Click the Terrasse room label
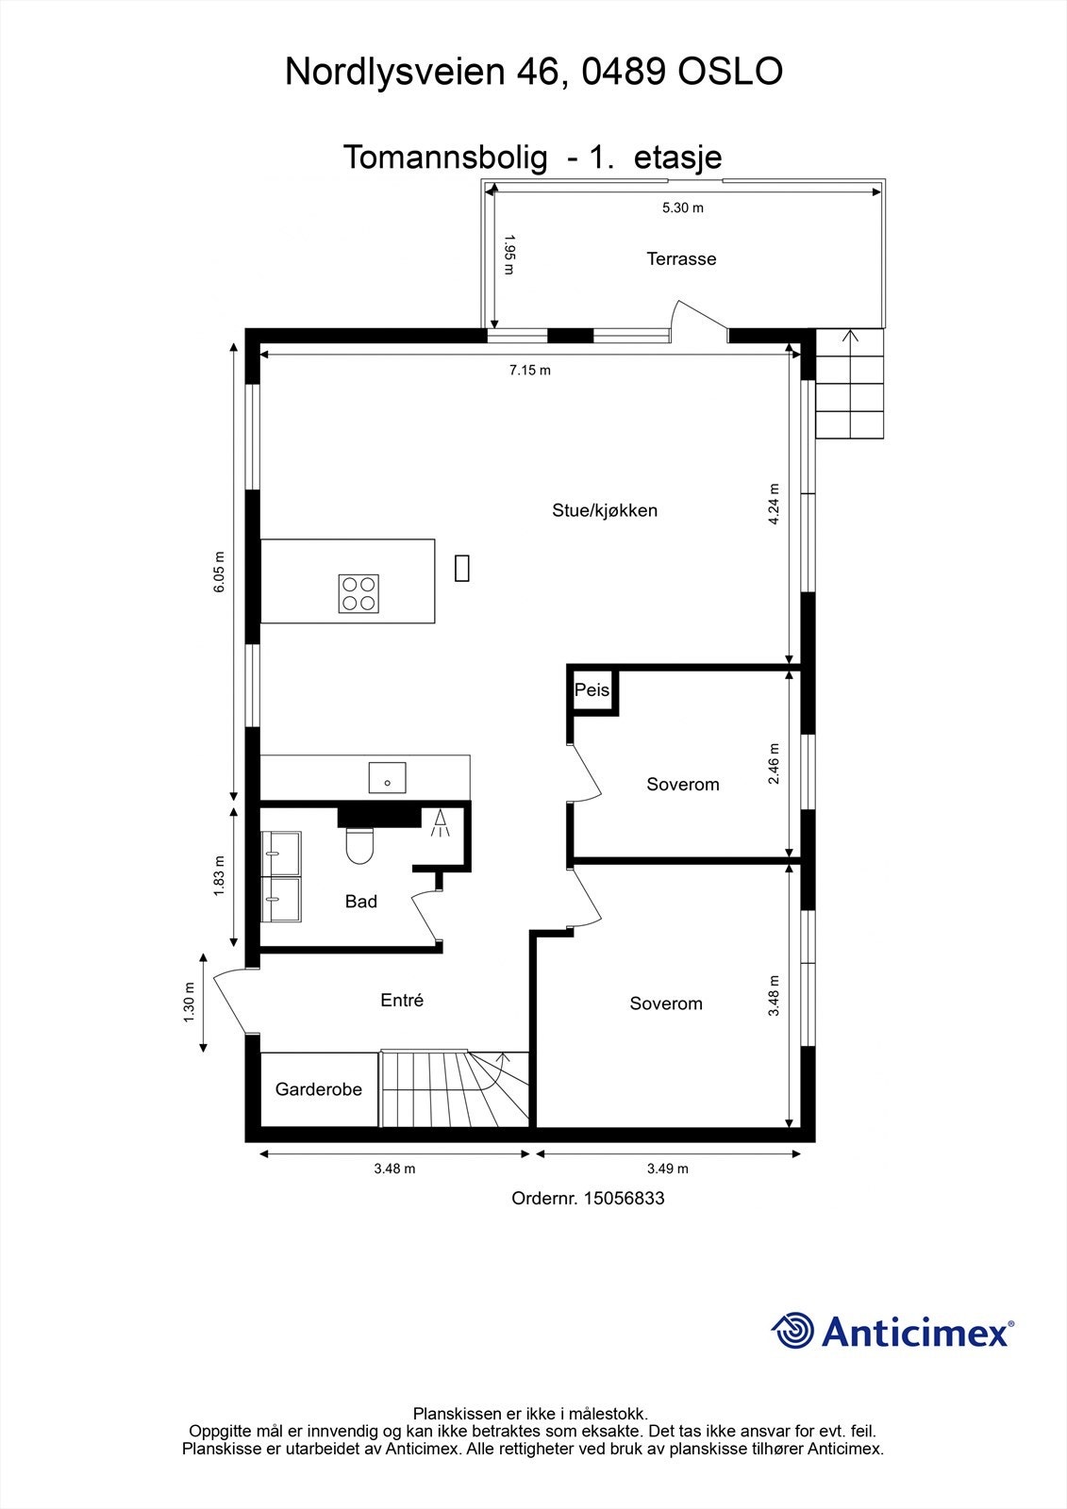tap(681, 258)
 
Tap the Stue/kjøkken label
tap(605, 510)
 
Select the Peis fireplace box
tap(592, 690)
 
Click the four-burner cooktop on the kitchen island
tap(358, 593)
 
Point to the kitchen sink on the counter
tap(388, 777)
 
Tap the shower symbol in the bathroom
tap(441, 823)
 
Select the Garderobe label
tap(319, 1089)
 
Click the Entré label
tap(402, 1001)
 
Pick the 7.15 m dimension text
tap(530, 370)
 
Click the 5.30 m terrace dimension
tap(682, 207)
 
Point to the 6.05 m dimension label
tap(219, 572)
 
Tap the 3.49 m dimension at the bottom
tap(667, 1169)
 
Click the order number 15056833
tap(624, 1198)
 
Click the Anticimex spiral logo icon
tap(792, 1331)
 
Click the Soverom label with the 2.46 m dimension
tap(683, 784)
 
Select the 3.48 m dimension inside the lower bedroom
tap(774, 996)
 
